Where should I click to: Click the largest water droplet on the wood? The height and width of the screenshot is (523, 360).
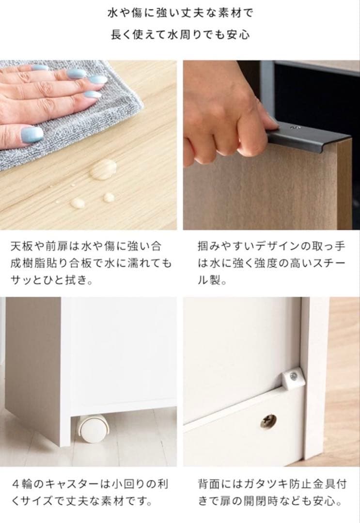[x=103, y=169]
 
